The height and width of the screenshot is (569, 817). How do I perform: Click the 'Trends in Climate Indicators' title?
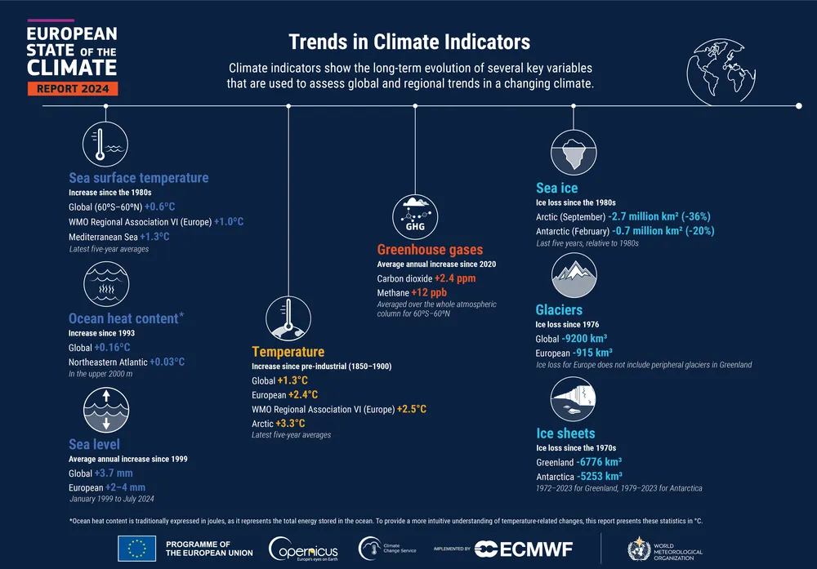[409, 42]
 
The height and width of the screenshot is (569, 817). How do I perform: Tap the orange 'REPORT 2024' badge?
[73, 88]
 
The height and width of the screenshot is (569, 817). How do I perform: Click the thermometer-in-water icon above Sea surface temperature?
[106, 144]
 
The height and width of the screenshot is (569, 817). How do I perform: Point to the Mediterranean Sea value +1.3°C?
[154, 237]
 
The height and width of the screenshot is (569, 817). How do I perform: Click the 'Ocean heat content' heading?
[123, 318]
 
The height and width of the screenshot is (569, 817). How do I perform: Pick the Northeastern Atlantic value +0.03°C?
[167, 362]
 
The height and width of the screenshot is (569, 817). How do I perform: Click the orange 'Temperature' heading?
[288, 352]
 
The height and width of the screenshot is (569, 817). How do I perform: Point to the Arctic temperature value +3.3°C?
[290, 423]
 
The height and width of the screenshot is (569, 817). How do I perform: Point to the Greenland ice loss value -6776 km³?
[599, 462]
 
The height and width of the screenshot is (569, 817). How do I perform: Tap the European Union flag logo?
[137, 548]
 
